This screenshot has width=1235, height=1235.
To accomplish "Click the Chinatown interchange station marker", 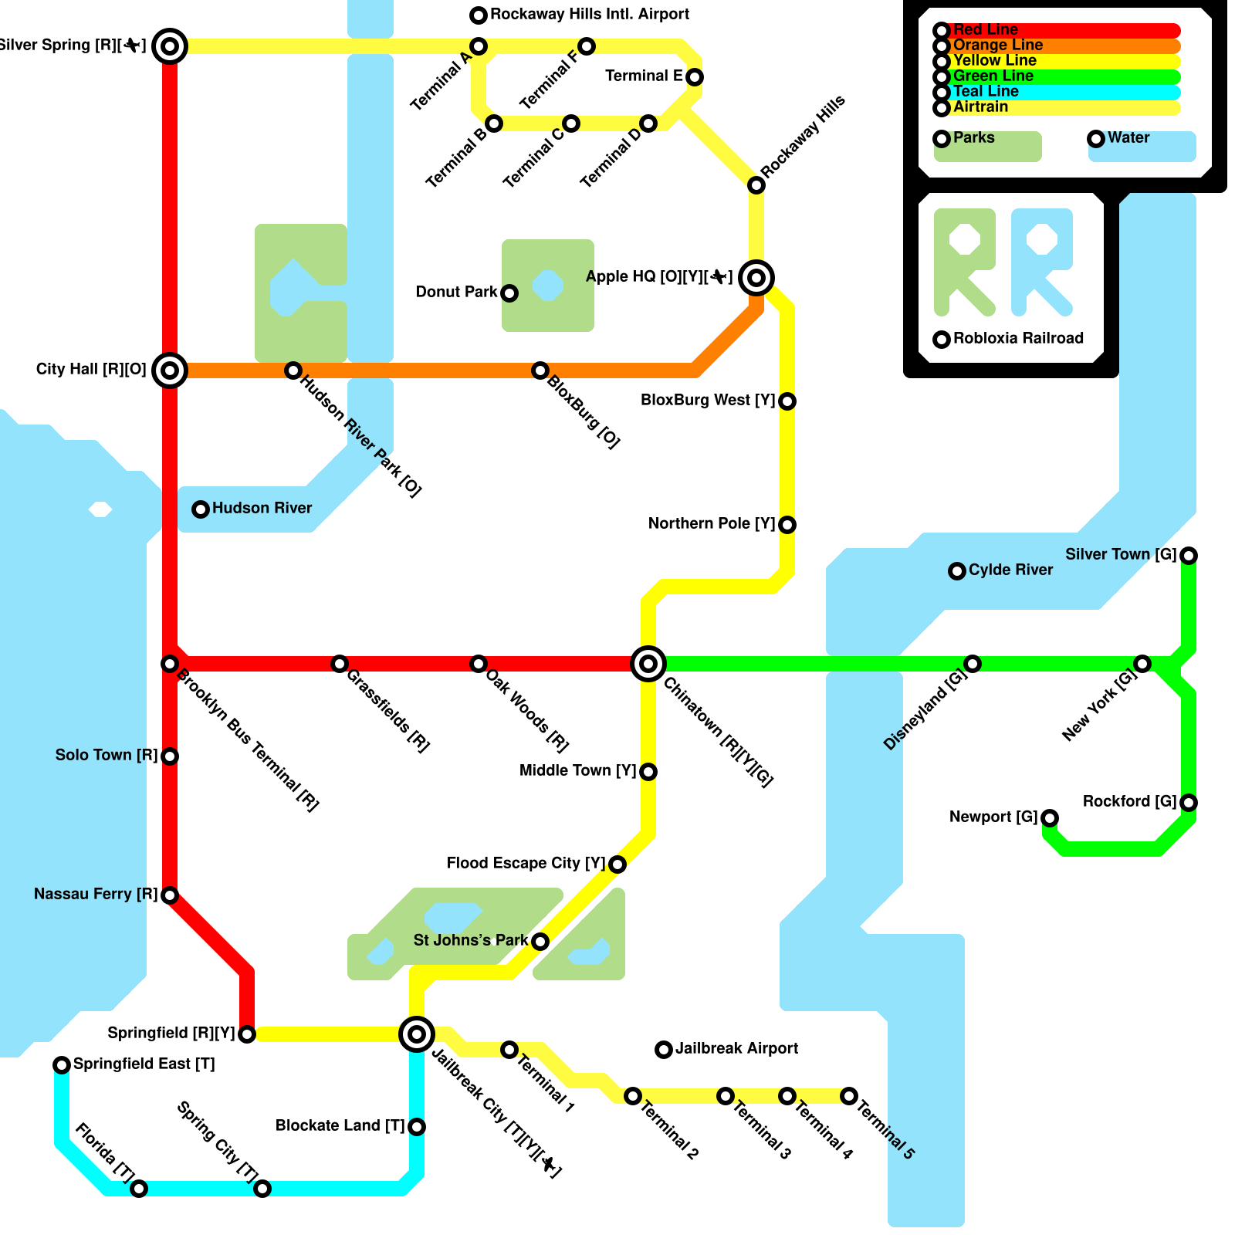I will point(648,663).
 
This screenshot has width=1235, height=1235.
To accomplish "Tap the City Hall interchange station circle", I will point(170,370).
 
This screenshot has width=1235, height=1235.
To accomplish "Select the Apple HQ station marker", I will point(756,277).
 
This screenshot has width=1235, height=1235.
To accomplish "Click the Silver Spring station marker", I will point(170,46).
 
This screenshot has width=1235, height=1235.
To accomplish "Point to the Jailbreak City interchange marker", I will point(417,1034).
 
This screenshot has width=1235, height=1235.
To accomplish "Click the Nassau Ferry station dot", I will point(170,895).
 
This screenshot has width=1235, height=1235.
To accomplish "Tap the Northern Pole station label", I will point(711,524).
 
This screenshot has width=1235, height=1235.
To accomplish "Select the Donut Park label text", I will point(456,293).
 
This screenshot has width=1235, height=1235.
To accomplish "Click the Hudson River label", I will point(262,509).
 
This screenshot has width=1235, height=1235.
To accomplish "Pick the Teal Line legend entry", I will point(986,92).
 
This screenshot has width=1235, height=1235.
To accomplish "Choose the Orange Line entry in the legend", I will point(997,46).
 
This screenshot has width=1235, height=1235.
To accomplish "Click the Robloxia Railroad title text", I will point(1018,339).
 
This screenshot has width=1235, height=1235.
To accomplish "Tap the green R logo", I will point(964,262).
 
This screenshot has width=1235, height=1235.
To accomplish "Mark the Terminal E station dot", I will point(695,77).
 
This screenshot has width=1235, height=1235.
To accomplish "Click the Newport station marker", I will point(1050,817).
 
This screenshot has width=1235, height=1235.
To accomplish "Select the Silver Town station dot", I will point(1189,555).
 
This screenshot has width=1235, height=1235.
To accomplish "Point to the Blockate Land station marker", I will point(417,1127).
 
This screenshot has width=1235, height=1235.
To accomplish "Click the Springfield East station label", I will point(144,1064).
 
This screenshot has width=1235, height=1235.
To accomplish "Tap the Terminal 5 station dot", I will point(849,1096).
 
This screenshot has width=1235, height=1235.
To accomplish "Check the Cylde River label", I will point(1010,570).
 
